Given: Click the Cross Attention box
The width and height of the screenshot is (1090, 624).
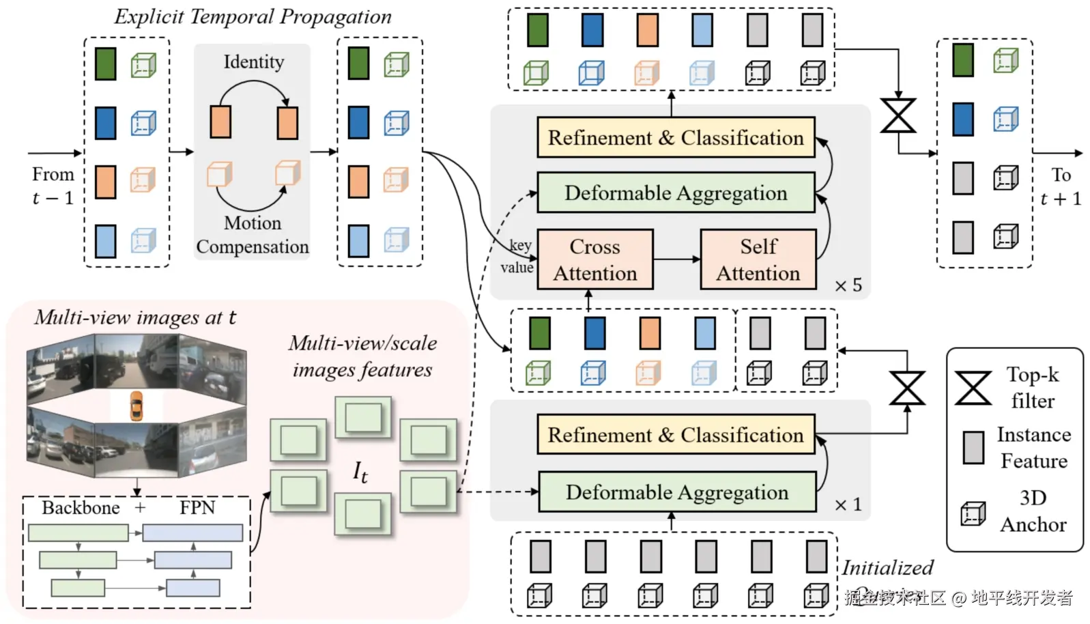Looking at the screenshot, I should coord(594,259).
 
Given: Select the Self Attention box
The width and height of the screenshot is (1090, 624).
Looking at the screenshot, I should coord(758,259).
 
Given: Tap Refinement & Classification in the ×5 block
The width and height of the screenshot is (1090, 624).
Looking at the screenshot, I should coord(676,138).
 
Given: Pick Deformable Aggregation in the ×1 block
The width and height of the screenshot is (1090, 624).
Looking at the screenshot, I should coord(677,492).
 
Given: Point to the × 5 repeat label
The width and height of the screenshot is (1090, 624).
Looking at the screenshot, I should coord(848,285).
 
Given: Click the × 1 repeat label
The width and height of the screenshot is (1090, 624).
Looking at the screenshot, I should coord(848,505).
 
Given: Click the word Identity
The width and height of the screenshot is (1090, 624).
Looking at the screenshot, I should coord(254,62).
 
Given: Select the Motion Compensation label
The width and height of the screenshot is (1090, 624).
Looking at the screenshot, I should coord(253,235).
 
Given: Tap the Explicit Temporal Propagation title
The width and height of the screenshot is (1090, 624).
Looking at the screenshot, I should coord(253,17).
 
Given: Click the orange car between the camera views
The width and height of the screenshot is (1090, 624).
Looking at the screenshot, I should coord(137,405).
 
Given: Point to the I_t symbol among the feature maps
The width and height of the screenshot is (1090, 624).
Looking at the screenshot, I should coord(360,471).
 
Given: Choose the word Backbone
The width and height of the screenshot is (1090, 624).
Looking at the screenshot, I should coord(81,508).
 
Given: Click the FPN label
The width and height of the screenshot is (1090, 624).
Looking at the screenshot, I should coord(197,508).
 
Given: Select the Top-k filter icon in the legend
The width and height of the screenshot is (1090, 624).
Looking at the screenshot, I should coord(973,388).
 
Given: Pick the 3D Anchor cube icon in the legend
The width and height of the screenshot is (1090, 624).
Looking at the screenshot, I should coord(973,513).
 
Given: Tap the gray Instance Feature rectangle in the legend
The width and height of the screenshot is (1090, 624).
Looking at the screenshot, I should coord(973,448).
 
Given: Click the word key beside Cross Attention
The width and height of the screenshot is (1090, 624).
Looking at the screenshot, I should coord(521,245).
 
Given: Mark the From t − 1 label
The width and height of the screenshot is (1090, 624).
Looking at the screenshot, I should coord(53,186).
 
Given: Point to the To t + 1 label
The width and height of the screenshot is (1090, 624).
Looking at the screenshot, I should coord(1061,186).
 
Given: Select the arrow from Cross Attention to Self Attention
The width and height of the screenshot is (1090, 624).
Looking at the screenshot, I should coord(676,259).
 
